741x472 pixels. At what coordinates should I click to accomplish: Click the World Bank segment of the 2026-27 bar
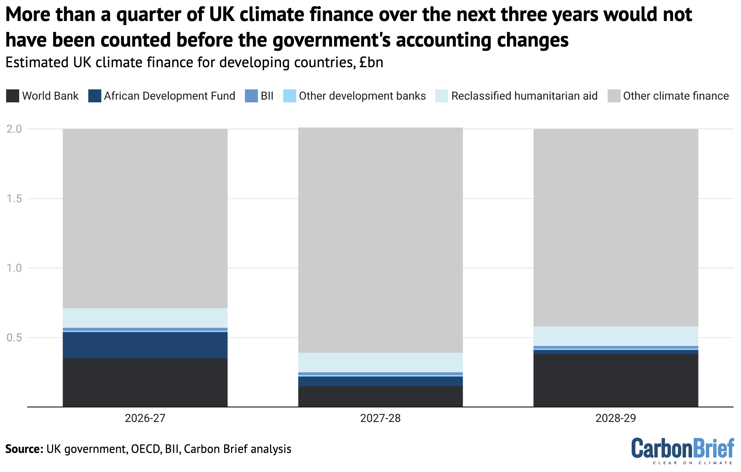click(x=145, y=382)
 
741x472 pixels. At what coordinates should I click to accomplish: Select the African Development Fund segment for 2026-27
click(x=145, y=345)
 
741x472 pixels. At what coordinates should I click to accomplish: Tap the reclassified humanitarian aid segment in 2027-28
click(x=380, y=362)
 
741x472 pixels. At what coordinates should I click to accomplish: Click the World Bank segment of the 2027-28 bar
click(x=380, y=396)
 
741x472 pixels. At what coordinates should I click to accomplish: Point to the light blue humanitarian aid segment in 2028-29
click(x=616, y=336)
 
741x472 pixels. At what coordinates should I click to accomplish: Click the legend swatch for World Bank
click(x=13, y=96)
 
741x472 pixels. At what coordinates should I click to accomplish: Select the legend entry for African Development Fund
click(x=169, y=96)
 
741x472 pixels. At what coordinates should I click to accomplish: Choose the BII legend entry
click(x=267, y=96)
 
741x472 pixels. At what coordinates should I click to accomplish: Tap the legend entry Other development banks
click(x=362, y=96)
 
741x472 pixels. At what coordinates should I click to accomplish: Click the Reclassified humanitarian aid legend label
click(x=524, y=96)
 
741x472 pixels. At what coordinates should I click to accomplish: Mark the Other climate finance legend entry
click(x=676, y=96)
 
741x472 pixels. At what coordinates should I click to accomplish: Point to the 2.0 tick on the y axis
click(x=14, y=129)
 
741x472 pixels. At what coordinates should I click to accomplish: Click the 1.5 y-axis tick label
click(x=14, y=199)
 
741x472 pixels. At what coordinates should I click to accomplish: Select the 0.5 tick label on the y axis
click(x=14, y=338)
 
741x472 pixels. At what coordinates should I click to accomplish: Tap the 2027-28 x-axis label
click(x=380, y=418)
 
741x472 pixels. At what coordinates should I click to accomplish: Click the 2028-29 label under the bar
click(x=616, y=418)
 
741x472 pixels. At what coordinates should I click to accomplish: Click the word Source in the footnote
click(x=24, y=449)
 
